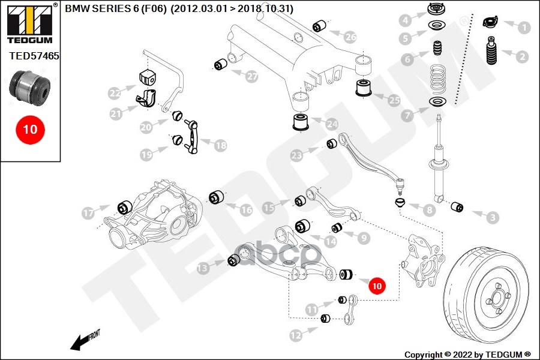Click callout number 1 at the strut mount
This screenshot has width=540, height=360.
click(524, 27)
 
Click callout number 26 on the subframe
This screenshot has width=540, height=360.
click(350, 37)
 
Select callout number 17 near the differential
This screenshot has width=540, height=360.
click(89, 212)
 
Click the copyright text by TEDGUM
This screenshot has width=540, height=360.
click(467, 353)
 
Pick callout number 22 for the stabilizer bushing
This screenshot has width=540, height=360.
click(115, 93)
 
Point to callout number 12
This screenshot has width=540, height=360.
click(295, 336)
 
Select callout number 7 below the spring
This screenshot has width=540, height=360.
click(408, 115)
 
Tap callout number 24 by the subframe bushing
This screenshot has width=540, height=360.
click(332, 125)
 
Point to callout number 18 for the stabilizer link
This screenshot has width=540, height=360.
click(221, 145)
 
